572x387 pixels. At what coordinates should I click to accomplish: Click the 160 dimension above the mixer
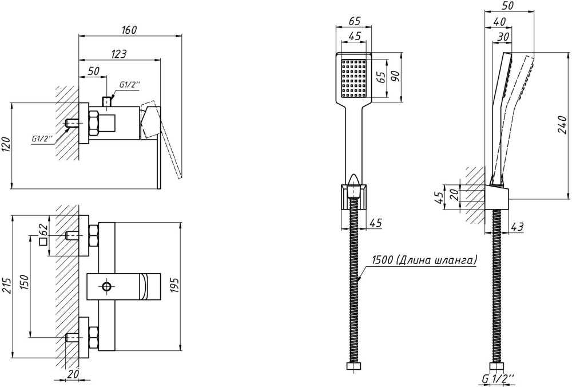tap(129, 30)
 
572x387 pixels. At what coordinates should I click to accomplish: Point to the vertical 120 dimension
tap(6, 145)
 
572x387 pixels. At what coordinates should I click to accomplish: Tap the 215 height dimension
tap(6, 286)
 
